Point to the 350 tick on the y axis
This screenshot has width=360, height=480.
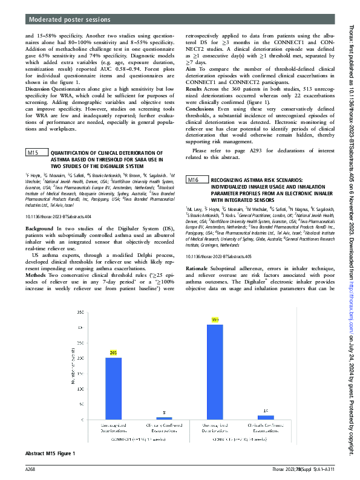coord(80,311)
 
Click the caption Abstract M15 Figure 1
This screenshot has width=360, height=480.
coord(50,453)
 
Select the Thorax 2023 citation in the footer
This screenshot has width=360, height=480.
coord(295,469)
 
